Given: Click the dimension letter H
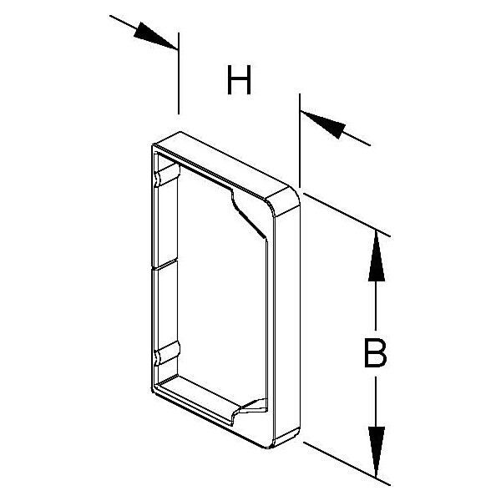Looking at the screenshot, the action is click(239, 80).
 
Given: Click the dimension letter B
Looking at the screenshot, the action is click(375, 353).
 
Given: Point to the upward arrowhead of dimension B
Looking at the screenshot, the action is click(377, 256).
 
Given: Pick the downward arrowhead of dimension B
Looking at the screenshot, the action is click(377, 452).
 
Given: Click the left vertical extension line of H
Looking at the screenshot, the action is click(179, 73).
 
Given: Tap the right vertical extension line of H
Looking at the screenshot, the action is click(300, 140).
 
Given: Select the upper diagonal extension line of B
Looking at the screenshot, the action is click(347, 215).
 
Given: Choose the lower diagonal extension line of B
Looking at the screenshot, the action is click(347, 464).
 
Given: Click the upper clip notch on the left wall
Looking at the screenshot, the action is click(167, 175).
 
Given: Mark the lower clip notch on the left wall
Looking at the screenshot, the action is click(167, 353).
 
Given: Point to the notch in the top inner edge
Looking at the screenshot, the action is click(248, 214).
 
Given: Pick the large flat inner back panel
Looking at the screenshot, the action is click(222, 287).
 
